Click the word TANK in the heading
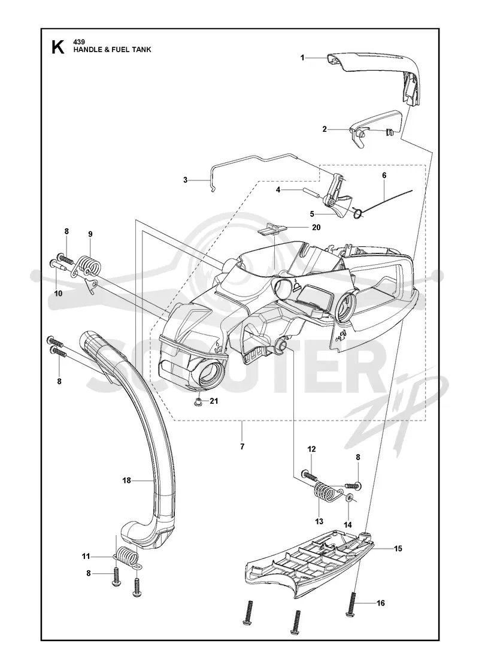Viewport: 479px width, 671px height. [142, 50]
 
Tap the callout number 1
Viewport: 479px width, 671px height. [302, 58]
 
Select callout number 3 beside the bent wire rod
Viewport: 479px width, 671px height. [185, 180]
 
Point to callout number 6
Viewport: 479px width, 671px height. [384, 175]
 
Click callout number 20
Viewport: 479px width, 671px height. [316, 228]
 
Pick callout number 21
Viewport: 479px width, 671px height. [214, 401]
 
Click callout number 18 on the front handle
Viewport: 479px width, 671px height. [126, 480]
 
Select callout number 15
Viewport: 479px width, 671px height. [398, 548]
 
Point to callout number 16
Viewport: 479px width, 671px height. [381, 603]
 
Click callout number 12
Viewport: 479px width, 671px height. [311, 449]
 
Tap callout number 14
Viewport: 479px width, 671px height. [348, 525]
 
